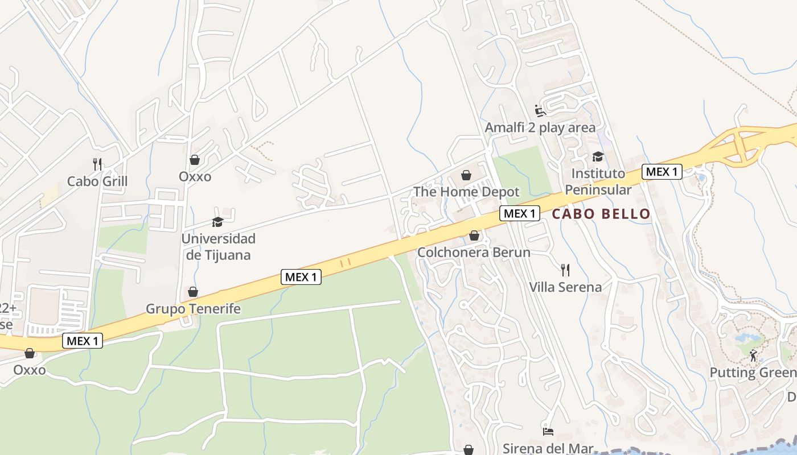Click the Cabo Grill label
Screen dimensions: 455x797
pyautogui.click(x=97, y=181)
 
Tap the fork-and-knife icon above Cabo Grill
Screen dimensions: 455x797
pyautogui.click(x=97, y=164)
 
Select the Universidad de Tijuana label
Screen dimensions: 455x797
pyautogui.click(x=219, y=246)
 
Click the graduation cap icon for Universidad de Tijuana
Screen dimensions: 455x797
pyautogui.click(x=217, y=222)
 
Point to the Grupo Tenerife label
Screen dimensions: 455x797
pyautogui.click(x=193, y=309)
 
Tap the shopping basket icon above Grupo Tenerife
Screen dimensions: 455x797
pyautogui.click(x=193, y=292)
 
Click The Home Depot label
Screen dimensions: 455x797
pyautogui.click(x=466, y=192)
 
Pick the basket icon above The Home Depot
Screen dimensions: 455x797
pyautogui.click(x=466, y=175)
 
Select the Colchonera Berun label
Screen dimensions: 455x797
pyautogui.click(x=474, y=252)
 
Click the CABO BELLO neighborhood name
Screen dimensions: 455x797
pyautogui.click(x=601, y=214)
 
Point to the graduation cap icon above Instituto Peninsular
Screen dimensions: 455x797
pyautogui.click(x=598, y=156)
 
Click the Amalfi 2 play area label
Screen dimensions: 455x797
pyautogui.click(x=540, y=127)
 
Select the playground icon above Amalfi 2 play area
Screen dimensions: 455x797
pyautogui.click(x=540, y=110)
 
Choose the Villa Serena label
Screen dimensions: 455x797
pyautogui.click(x=565, y=287)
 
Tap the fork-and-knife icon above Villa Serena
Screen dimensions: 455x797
pyautogui.click(x=565, y=270)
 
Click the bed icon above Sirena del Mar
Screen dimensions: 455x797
pyautogui.click(x=548, y=431)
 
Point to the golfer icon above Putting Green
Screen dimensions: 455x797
pyautogui.click(x=754, y=355)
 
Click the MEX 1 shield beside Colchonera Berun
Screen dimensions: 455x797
pyautogui.click(x=520, y=213)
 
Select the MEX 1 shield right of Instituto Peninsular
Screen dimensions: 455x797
pyautogui.click(x=662, y=171)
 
